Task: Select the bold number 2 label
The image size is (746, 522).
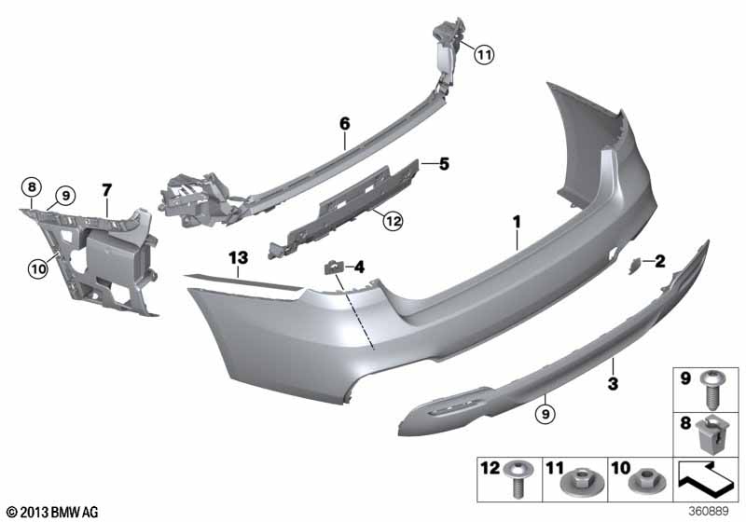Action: (x=660, y=261)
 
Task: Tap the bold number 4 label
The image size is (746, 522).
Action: (x=358, y=268)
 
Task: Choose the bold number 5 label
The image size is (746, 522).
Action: (x=444, y=164)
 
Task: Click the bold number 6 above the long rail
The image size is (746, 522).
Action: (x=344, y=123)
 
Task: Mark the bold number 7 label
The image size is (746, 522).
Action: (x=106, y=190)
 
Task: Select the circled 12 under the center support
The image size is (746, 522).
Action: (x=391, y=221)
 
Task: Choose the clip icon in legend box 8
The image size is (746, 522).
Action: (x=715, y=434)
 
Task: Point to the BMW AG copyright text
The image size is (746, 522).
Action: (x=51, y=512)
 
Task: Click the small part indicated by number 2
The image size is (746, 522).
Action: (x=633, y=265)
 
